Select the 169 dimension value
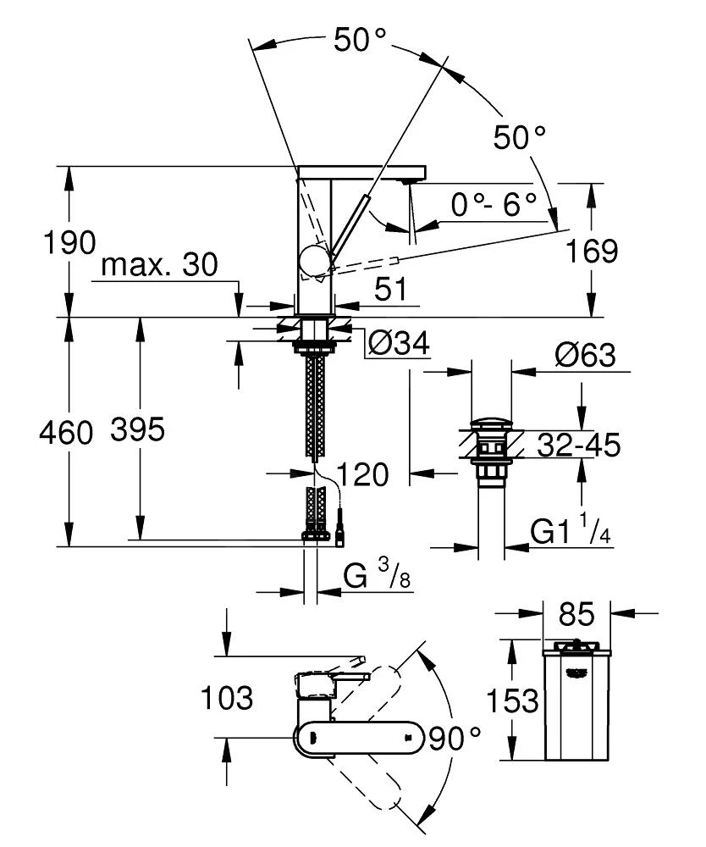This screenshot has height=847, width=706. tap(592, 252)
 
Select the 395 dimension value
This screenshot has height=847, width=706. tap(137, 431)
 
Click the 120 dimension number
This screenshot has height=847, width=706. tap(363, 474)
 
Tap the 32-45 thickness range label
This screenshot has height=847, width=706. tap(579, 444)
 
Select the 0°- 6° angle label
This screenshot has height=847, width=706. tap(494, 204)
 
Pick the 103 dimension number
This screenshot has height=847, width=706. tap(227, 699)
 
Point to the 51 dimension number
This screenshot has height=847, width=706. tap(389, 291)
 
